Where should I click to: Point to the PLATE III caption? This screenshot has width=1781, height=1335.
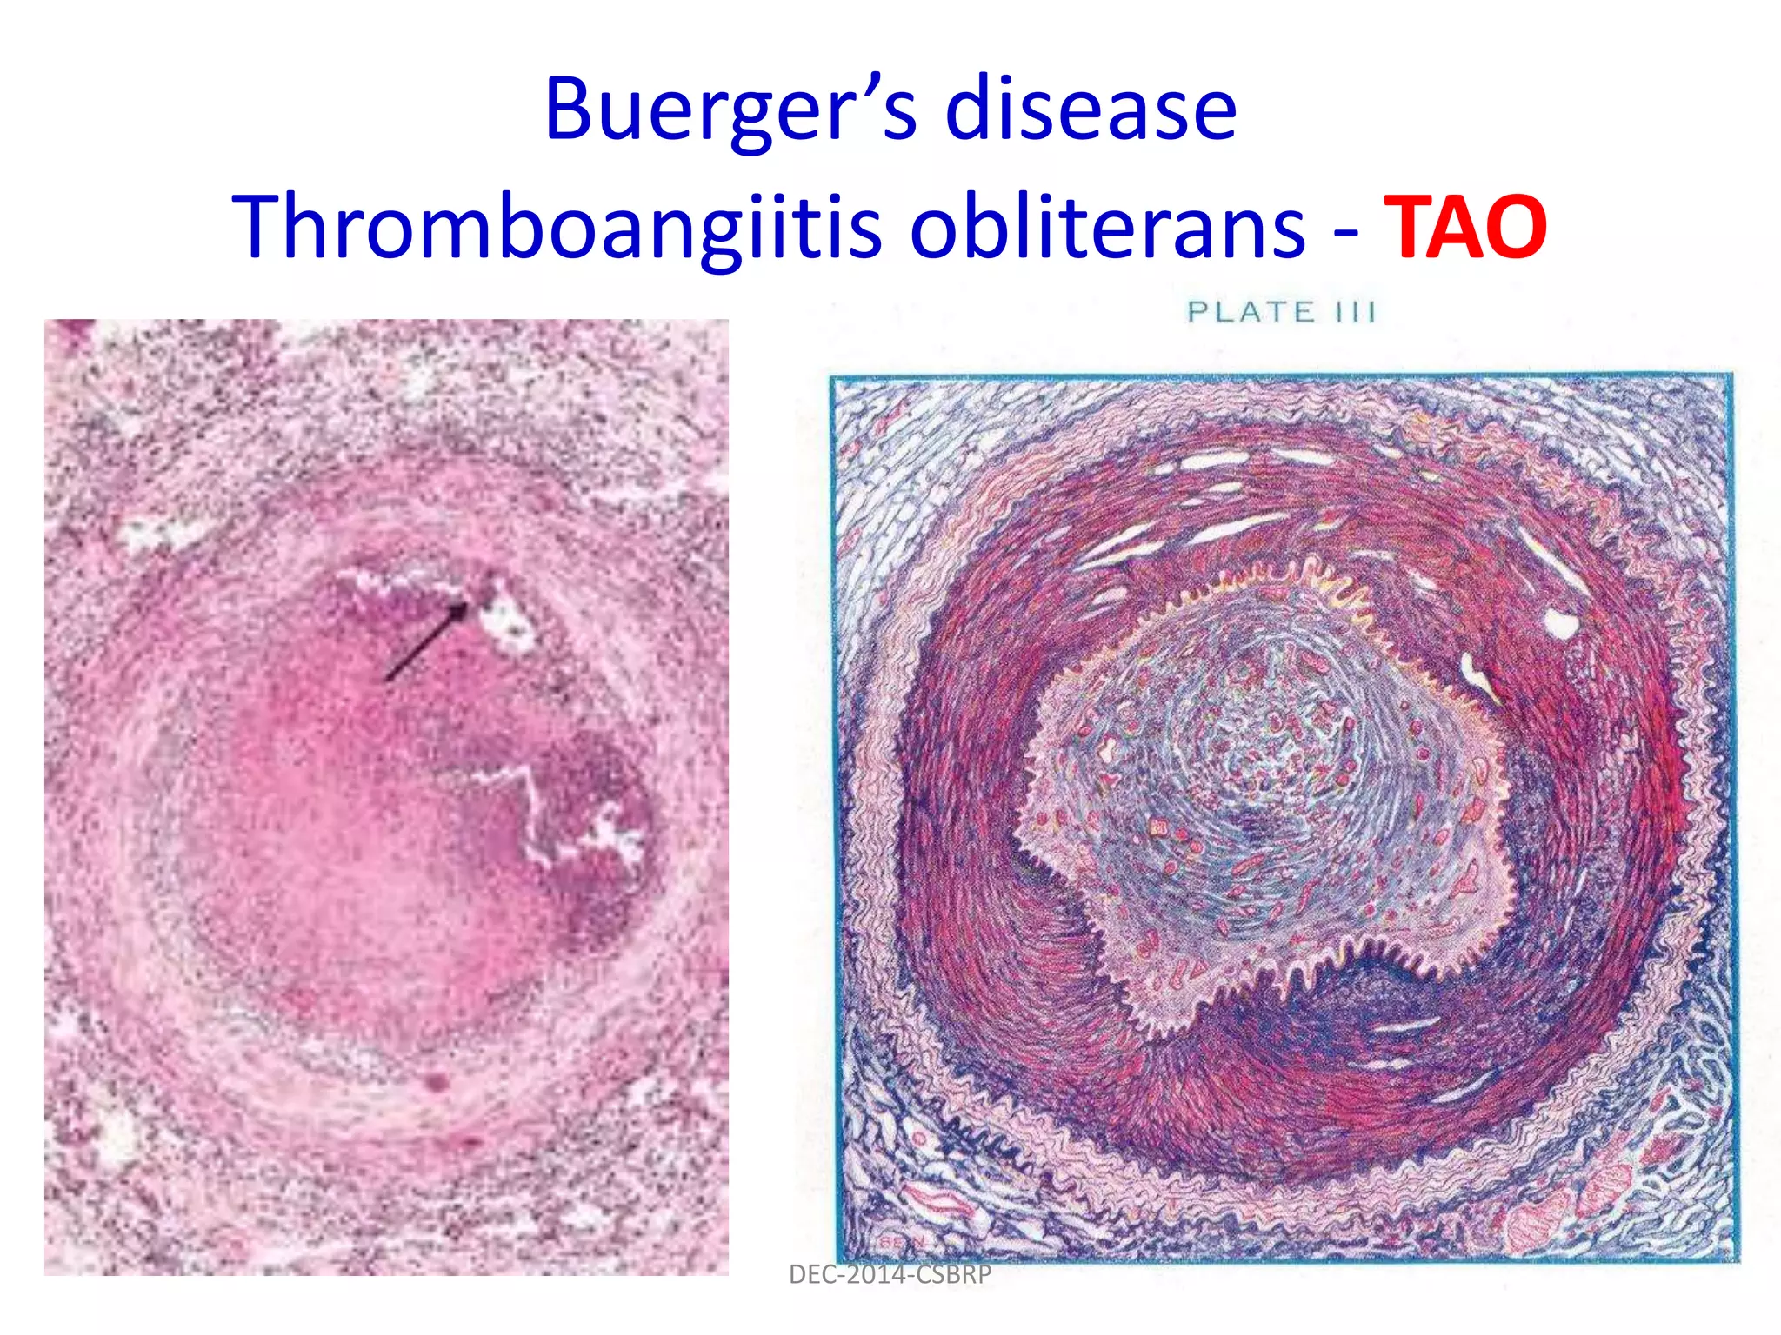tap(1281, 312)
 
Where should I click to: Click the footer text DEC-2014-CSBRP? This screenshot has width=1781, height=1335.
tap(890, 1275)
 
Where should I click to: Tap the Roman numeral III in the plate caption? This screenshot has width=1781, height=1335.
tap(1355, 312)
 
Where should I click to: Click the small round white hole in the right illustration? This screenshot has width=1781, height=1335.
tap(1561, 623)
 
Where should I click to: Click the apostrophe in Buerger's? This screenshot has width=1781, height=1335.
tap(873, 87)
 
